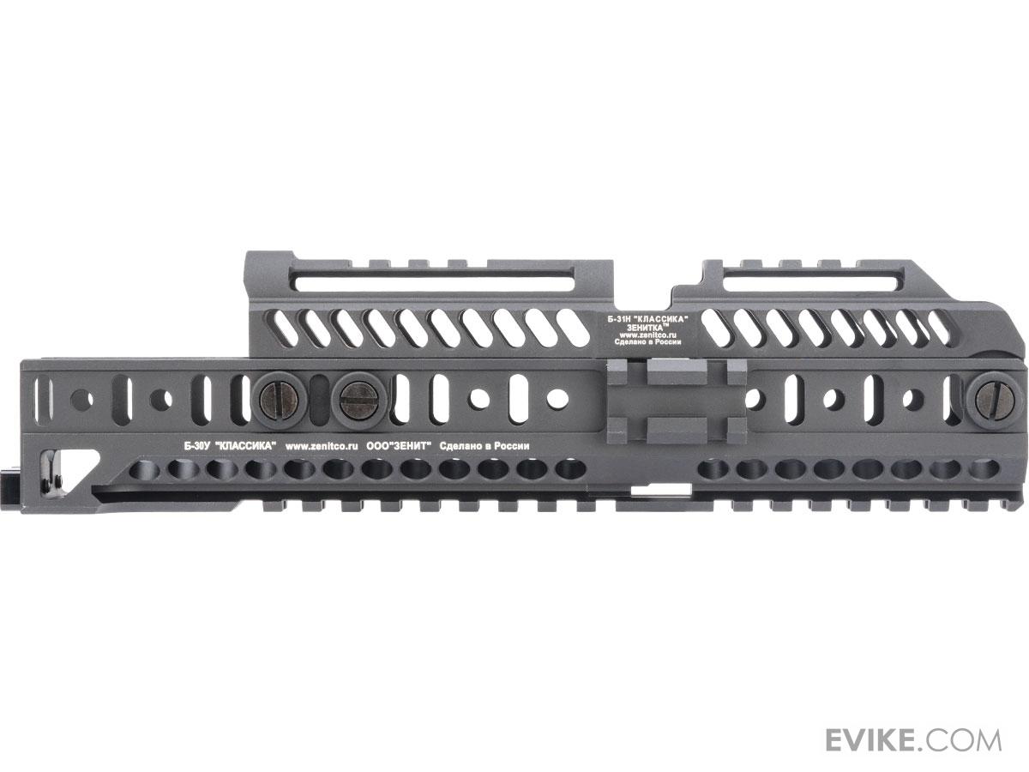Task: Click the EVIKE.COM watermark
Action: pyautogui.click(x=913, y=714)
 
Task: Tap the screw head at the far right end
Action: pyautogui.click(x=995, y=401)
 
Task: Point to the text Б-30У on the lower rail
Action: pyautogui.click(x=196, y=446)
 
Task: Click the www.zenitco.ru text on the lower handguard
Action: pyautogui.click(x=321, y=446)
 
